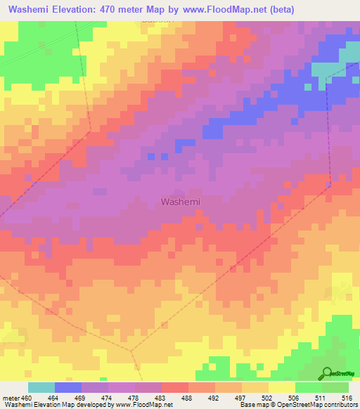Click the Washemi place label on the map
click(x=181, y=202)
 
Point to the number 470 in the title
click(x=114, y=10)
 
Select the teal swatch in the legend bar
click(x=41, y=388)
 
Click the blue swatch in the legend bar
click(x=68, y=388)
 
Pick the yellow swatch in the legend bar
click(x=282, y=388)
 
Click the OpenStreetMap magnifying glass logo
click(x=328, y=373)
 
